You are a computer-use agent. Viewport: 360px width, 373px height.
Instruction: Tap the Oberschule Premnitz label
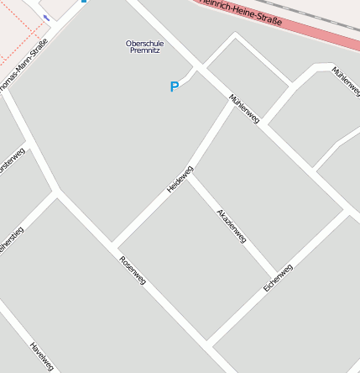(145, 46)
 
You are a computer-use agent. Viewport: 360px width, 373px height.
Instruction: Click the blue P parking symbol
(175, 87)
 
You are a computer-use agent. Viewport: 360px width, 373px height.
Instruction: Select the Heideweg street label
(180, 179)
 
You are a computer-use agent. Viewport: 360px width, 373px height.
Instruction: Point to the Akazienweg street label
(231, 226)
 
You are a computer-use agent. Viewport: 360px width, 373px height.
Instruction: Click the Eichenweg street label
(278, 277)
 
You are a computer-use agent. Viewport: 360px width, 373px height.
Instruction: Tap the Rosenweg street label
(133, 270)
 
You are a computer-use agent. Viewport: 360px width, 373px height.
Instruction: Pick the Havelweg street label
(41, 356)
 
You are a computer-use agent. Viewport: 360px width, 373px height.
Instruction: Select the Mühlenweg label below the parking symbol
(244, 109)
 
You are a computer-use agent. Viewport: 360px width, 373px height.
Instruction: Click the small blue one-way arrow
(46, 18)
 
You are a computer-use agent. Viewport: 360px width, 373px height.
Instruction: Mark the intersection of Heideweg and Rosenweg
(112, 244)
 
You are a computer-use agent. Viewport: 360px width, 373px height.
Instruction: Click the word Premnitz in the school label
(145, 50)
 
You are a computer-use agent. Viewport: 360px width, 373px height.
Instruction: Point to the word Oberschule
(145, 43)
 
